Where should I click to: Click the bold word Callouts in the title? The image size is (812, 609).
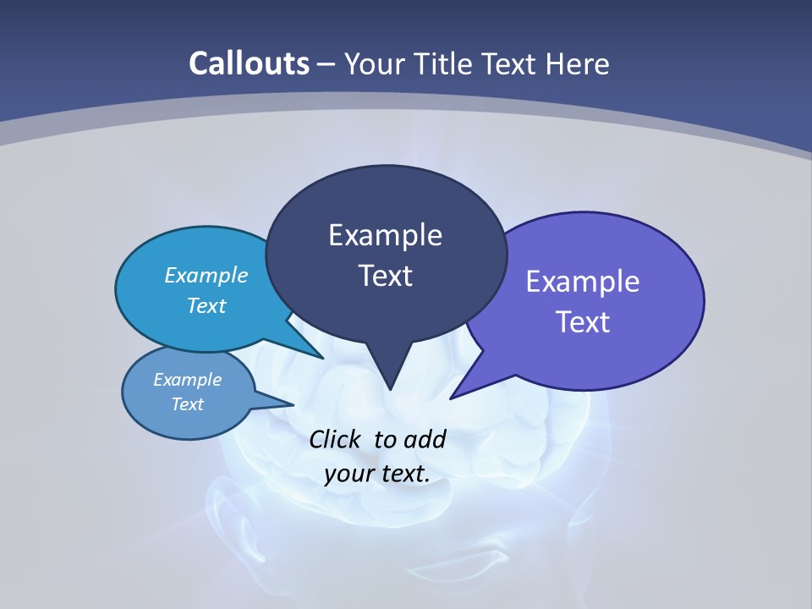pos(250,63)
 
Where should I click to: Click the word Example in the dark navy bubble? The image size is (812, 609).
pos(385,235)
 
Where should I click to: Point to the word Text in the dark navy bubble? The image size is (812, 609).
pos(385,276)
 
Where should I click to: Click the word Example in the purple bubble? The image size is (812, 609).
pos(583,282)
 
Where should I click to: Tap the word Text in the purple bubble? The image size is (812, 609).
pos(583,322)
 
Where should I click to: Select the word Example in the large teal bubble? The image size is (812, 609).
pos(206,275)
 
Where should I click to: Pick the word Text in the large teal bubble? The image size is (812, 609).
pos(206,305)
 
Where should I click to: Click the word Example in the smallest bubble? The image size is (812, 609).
pos(188,380)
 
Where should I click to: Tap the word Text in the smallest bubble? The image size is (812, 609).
pos(188,404)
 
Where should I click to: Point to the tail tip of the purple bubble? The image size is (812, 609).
pos(451,398)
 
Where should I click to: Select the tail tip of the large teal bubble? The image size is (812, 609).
pos(323,358)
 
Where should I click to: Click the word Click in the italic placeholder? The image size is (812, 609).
pos(336,439)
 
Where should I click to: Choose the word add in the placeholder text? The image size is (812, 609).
pos(425,439)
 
